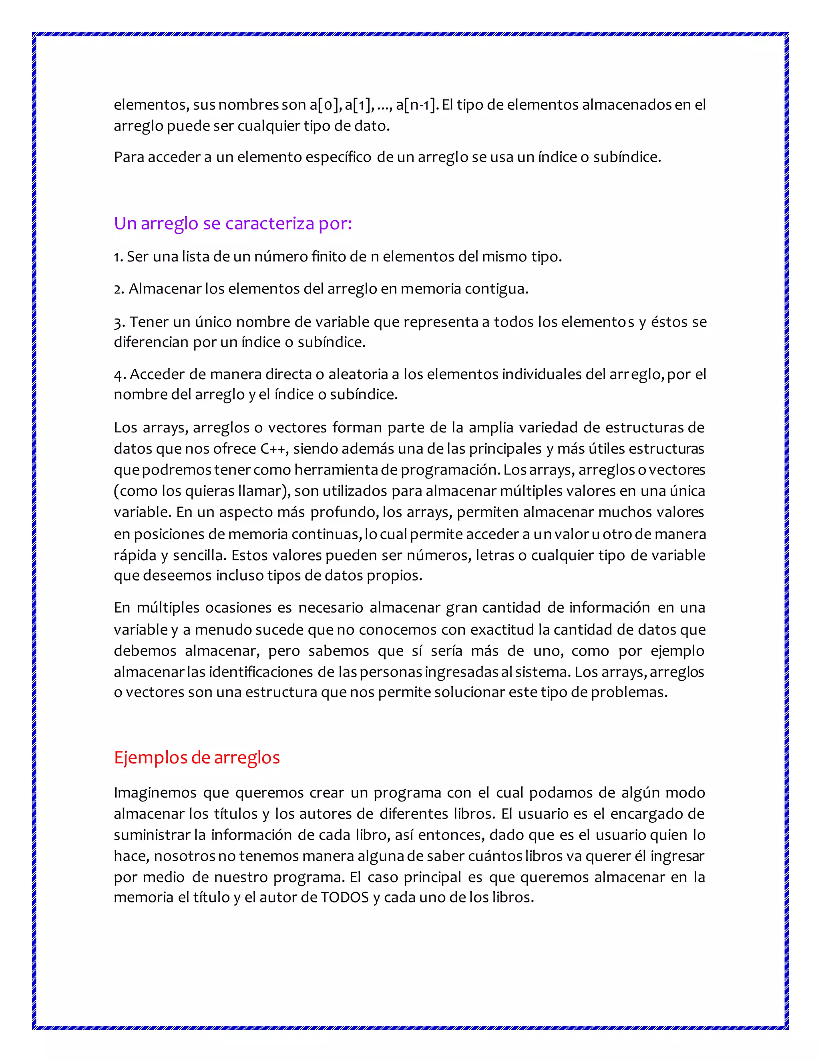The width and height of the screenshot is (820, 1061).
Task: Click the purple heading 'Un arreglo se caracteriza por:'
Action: pyautogui.click(x=233, y=223)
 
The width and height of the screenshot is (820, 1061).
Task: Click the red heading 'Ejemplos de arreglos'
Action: pyautogui.click(x=197, y=758)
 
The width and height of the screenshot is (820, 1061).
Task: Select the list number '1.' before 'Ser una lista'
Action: pyautogui.click(x=119, y=257)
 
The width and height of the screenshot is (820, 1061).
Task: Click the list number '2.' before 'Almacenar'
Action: pyautogui.click(x=119, y=289)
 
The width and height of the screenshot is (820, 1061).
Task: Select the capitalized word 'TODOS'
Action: pyautogui.click(x=345, y=897)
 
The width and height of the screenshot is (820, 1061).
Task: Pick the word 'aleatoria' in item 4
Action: pyautogui.click(x=358, y=375)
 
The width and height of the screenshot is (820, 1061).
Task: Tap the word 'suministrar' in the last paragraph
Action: pyautogui.click(x=152, y=835)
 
